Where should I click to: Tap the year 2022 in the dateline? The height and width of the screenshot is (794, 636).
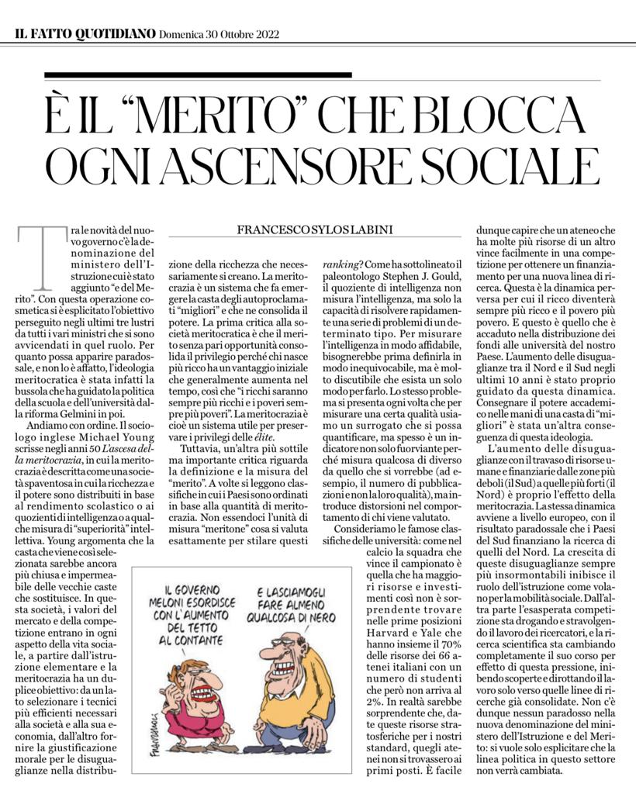tap(264, 34)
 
